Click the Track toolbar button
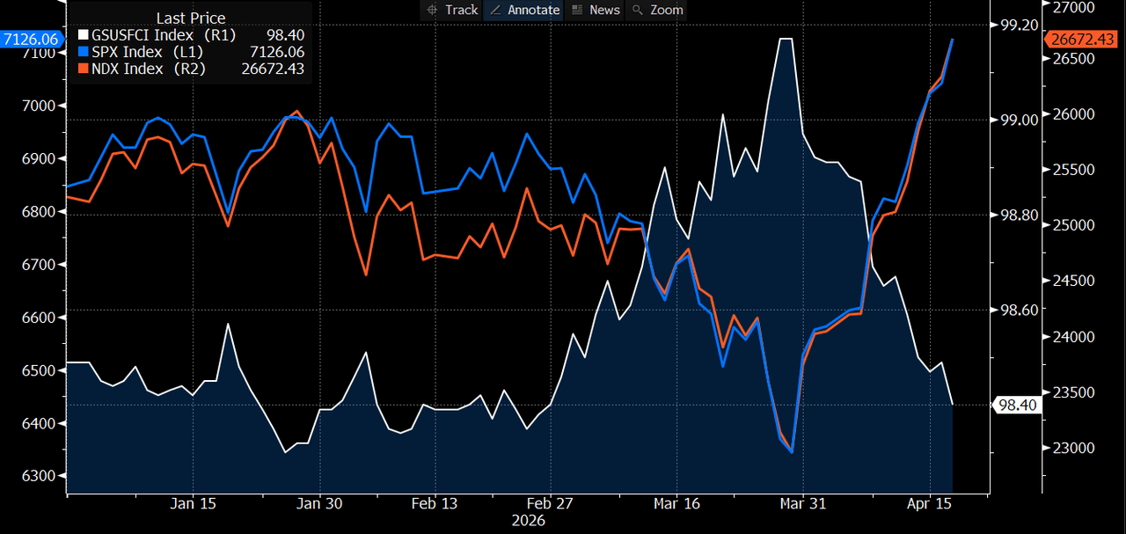[x=452, y=10]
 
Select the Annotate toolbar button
[x=524, y=10]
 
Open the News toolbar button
[x=596, y=10]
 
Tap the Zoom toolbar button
[x=658, y=10]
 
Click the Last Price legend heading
[x=191, y=18]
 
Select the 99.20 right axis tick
[x=1018, y=26]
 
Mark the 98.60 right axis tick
[x=1018, y=310]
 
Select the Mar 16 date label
[x=676, y=504]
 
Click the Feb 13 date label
[x=435, y=504]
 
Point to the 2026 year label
[x=528, y=521]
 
